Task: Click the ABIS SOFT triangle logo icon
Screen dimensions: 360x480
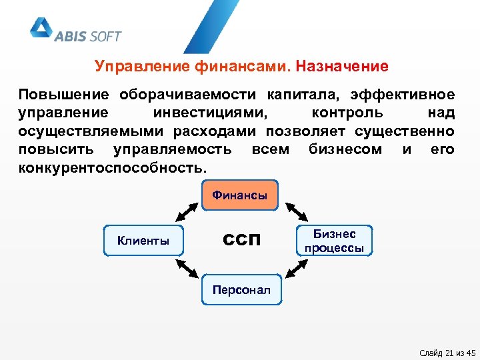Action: click(x=41, y=28)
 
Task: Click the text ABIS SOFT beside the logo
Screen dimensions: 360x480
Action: click(x=88, y=36)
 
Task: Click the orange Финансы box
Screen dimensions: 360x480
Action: click(x=239, y=195)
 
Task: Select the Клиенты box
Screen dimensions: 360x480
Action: click(x=143, y=241)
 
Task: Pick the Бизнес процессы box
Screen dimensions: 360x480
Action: click(x=335, y=241)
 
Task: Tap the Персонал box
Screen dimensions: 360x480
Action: click(x=241, y=289)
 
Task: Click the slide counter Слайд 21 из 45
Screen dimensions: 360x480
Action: click(x=445, y=352)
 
